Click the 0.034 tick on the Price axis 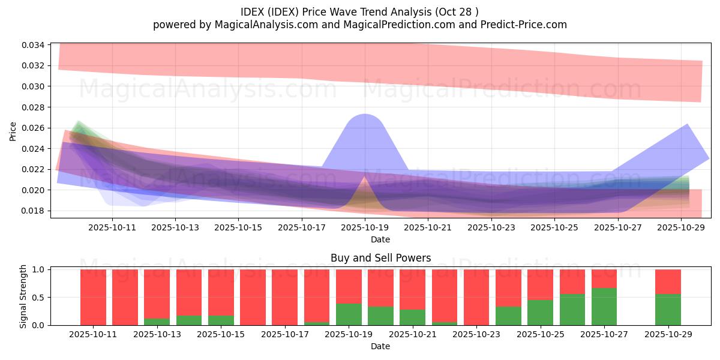point(36,45)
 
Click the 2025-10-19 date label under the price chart point(364,227)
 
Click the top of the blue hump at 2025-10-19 point(364,115)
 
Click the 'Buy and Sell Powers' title point(380,258)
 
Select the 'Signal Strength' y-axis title point(24,297)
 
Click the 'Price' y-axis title point(13,131)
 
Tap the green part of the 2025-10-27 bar point(604,307)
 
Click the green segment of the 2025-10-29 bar point(668,310)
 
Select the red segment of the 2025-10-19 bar point(349,286)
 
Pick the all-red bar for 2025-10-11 point(93,297)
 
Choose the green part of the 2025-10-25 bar point(540,313)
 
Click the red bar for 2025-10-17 point(284,297)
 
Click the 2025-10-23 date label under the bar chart point(477,335)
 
